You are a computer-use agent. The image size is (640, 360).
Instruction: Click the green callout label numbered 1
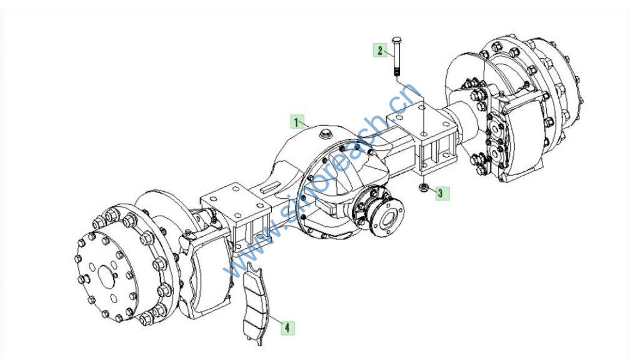pos(297,122)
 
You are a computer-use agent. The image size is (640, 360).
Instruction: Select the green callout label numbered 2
pos(380,51)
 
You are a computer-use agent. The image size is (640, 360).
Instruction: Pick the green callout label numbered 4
pos(287,327)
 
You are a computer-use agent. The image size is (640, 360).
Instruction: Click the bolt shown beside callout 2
pos(396,57)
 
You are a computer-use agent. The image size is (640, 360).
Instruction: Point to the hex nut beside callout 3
pos(423,187)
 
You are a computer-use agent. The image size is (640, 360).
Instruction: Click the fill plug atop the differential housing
pos(326,133)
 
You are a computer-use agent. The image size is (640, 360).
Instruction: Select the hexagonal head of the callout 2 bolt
pos(396,40)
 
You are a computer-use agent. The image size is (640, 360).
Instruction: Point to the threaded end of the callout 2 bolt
pos(396,72)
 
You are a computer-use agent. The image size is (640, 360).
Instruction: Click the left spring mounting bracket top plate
pos(236,199)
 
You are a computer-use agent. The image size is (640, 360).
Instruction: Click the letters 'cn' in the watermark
pos(404,98)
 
